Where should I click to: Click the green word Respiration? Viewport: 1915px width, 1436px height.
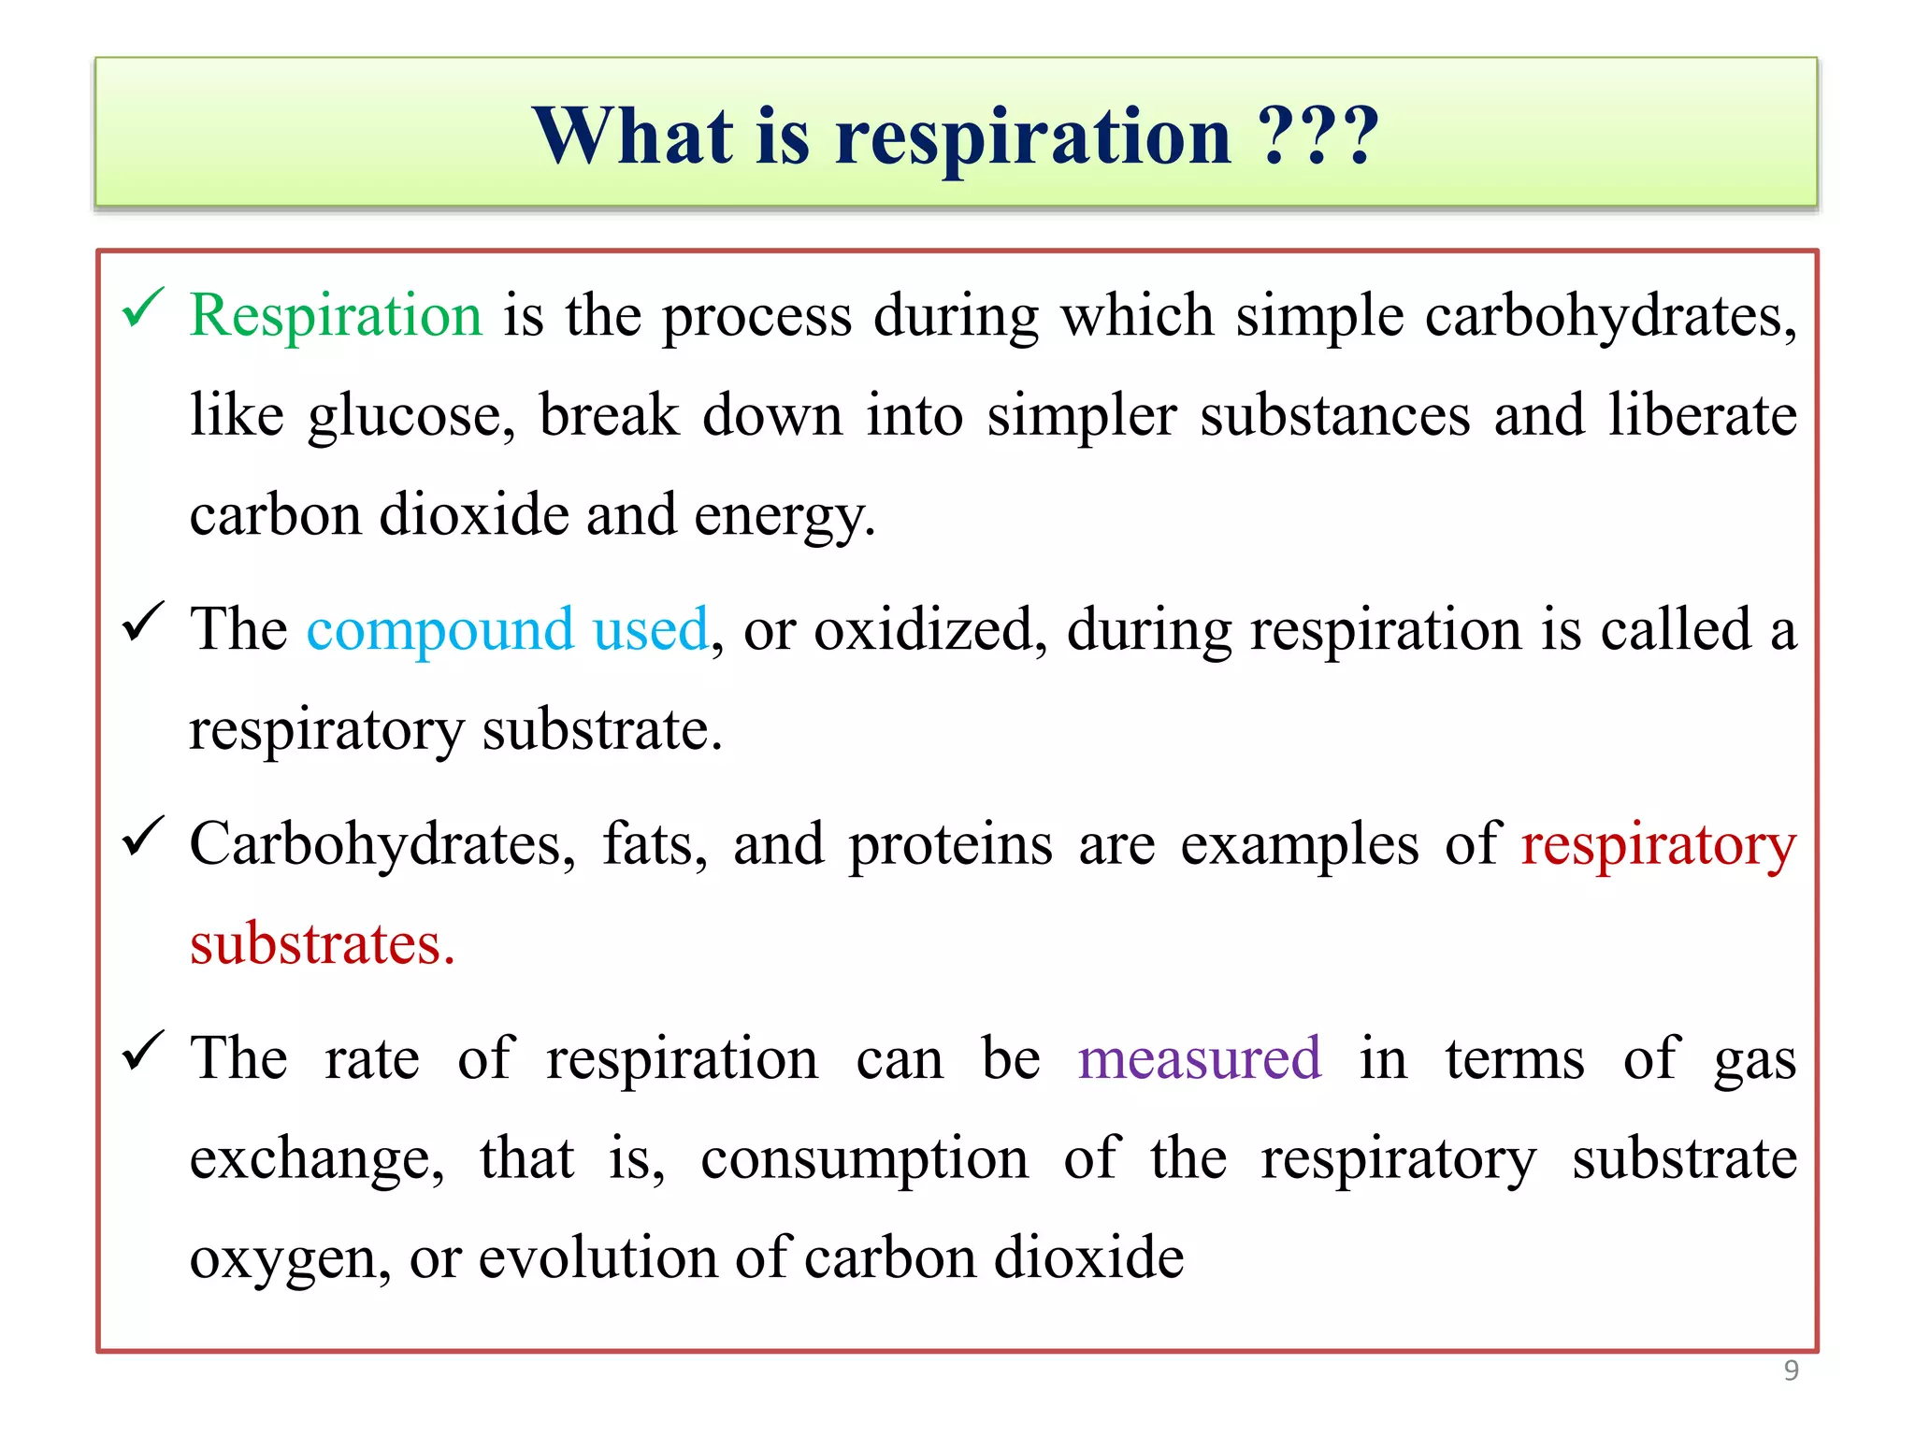[x=336, y=315]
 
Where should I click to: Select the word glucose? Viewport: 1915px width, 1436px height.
[x=410, y=416]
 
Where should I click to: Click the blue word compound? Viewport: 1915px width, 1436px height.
[x=439, y=630]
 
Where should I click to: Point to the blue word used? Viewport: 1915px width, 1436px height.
[x=651, y=630]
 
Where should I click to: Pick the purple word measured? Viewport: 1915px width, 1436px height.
[x=1199, y=1059]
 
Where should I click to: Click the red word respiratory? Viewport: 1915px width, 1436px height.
[x=1658, y=845]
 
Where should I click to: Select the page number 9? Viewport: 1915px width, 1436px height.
[x=1791, y=1371]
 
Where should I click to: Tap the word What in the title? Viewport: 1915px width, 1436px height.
[x=633, y=136]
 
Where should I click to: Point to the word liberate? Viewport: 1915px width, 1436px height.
[x=1702, y=416]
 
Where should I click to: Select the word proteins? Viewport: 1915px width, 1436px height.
[x=950, y=845]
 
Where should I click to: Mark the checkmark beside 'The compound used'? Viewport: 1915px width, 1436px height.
[x=143, y=623]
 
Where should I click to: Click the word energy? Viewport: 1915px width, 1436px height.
[x=784, y=516]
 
